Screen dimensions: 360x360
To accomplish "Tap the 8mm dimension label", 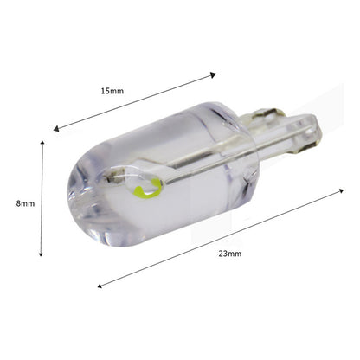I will (x=26, y=203).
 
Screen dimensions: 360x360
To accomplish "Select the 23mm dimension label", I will (x=230, y=253).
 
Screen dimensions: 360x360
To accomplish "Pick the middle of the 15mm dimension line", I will (x=135, y=102).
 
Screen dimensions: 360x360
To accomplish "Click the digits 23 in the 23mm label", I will (x=223, y=253).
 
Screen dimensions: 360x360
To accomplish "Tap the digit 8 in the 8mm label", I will (x=20, y=203).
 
